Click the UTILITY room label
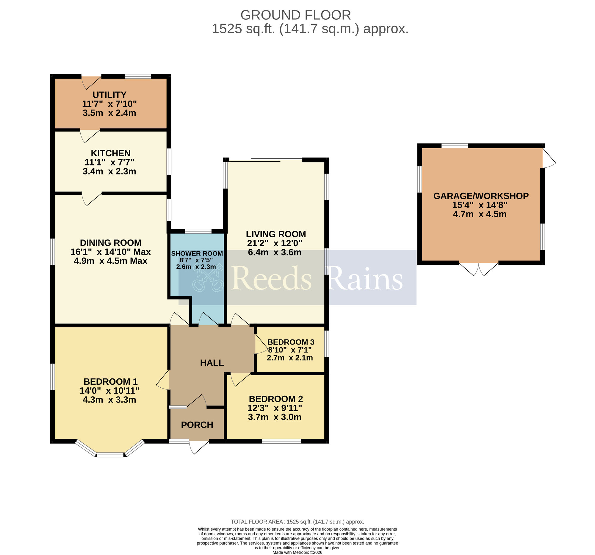pyautogui.click(x=109, y=95)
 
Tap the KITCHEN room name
pyautogui.click(x=110, y=153)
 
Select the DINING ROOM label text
pyautogui.click(x=110, y=243)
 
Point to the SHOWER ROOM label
pyautogui.click(x=197, y=253)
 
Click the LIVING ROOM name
pyautogui.click(x=276, y=234)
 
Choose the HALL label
pyautogui.click(x=212, y=363)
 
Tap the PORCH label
pyautogui.click(x=197, y=425)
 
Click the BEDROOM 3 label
pyautogui.click(x=291, y=342)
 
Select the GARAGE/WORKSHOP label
pyautogui.click(x=481, y=196)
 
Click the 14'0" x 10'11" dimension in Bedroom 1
pyautogui.click(x=109, y=391)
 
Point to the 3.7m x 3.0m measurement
pyautogui.click(x=275, y=417)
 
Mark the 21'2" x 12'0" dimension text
pyautogui.click(x=275, y=243)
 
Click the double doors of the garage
pyautogui.click(x=479, y=269)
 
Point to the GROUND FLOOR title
pyautogui.click(x=295, y=15)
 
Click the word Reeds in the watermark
pyautogui.click(x=271, y=279)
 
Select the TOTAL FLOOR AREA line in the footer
pyautogui.click(x=297, y=522)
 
